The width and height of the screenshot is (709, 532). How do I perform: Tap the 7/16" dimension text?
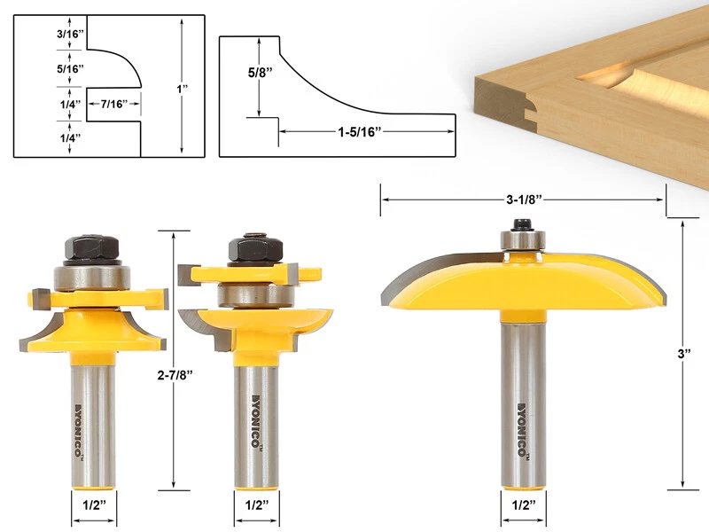coord(114,104)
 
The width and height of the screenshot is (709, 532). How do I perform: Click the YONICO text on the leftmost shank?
coord(92,426)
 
